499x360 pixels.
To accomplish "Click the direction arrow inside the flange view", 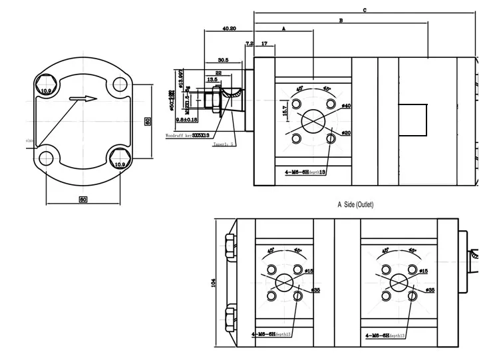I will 83,100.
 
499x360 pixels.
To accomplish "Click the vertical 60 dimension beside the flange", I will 148,120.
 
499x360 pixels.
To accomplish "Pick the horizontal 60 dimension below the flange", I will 83,199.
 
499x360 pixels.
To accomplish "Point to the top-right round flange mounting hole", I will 120,85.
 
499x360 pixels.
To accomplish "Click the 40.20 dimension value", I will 230,29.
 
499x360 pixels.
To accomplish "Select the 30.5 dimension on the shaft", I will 223,60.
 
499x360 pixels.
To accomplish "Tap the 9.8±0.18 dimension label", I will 190,120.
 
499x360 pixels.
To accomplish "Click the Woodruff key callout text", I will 187,134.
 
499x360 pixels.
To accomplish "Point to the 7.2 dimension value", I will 249,43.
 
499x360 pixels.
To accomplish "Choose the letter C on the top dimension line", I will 365,10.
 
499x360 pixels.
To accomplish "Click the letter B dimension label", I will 341,21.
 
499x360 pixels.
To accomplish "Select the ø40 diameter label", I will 346,106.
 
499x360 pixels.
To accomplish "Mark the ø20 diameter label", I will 346,133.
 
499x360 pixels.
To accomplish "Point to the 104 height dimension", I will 214,282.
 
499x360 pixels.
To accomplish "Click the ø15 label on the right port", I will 423,271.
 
